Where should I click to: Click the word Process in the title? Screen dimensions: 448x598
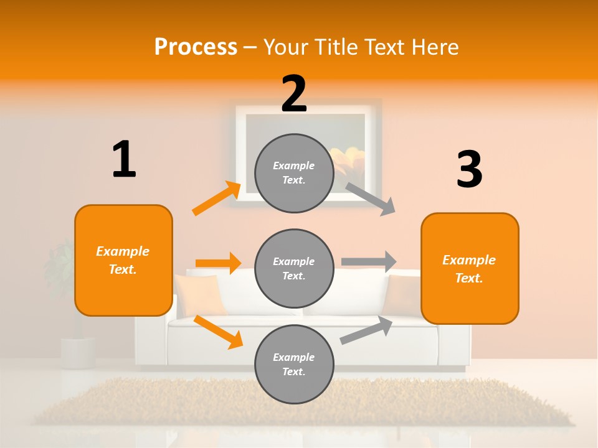point(196,47)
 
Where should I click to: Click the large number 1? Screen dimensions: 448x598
point(124,160)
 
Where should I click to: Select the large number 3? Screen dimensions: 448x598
point(469,170)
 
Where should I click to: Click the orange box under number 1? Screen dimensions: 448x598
point(123,260)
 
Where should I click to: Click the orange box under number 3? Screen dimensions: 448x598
point(470,268)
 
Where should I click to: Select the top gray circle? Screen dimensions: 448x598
point(294,173)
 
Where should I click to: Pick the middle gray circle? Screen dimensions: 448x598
point(294,269)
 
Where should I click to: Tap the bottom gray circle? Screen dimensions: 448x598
point(294,365)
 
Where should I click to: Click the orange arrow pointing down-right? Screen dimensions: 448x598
point(218,332)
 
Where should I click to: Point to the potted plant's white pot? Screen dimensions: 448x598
point(78,352)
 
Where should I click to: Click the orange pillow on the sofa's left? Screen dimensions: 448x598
point(201,294)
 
